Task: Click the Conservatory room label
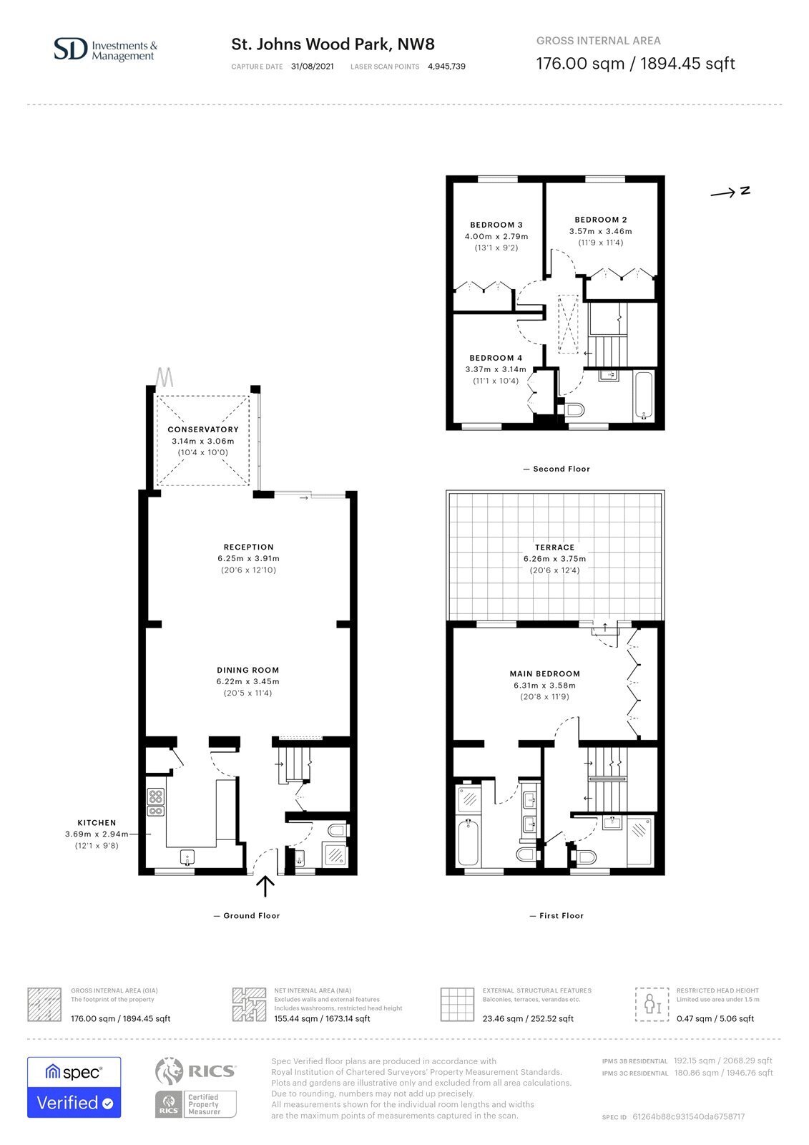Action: (x=203, y=429)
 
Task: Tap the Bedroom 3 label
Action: (x=496, y=225)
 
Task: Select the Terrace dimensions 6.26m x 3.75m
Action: (x=554, y=559)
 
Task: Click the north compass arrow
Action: (x=722, y=193)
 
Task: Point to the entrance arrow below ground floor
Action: (x=265, y=887)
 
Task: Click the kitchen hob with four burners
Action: (x=155, y=796)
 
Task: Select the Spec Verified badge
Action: (x=74, y=1087)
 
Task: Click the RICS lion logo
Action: (x=169, y=1071)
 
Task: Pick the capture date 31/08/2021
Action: (x=313, y=67)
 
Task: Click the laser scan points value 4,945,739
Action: (x=446, y=67)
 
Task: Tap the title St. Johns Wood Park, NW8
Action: (x=333, y=44)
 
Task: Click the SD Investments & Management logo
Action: (x=106, y=49)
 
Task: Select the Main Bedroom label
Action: (x=545, y=673)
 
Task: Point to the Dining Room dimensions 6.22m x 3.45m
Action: (x=248, y=681)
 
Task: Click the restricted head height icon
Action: (x=652, y=1005)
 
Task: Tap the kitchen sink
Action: (x=187, y=857)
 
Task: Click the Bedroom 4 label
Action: (x=496, y=358)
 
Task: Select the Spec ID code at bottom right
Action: (x=688, y=1117)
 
